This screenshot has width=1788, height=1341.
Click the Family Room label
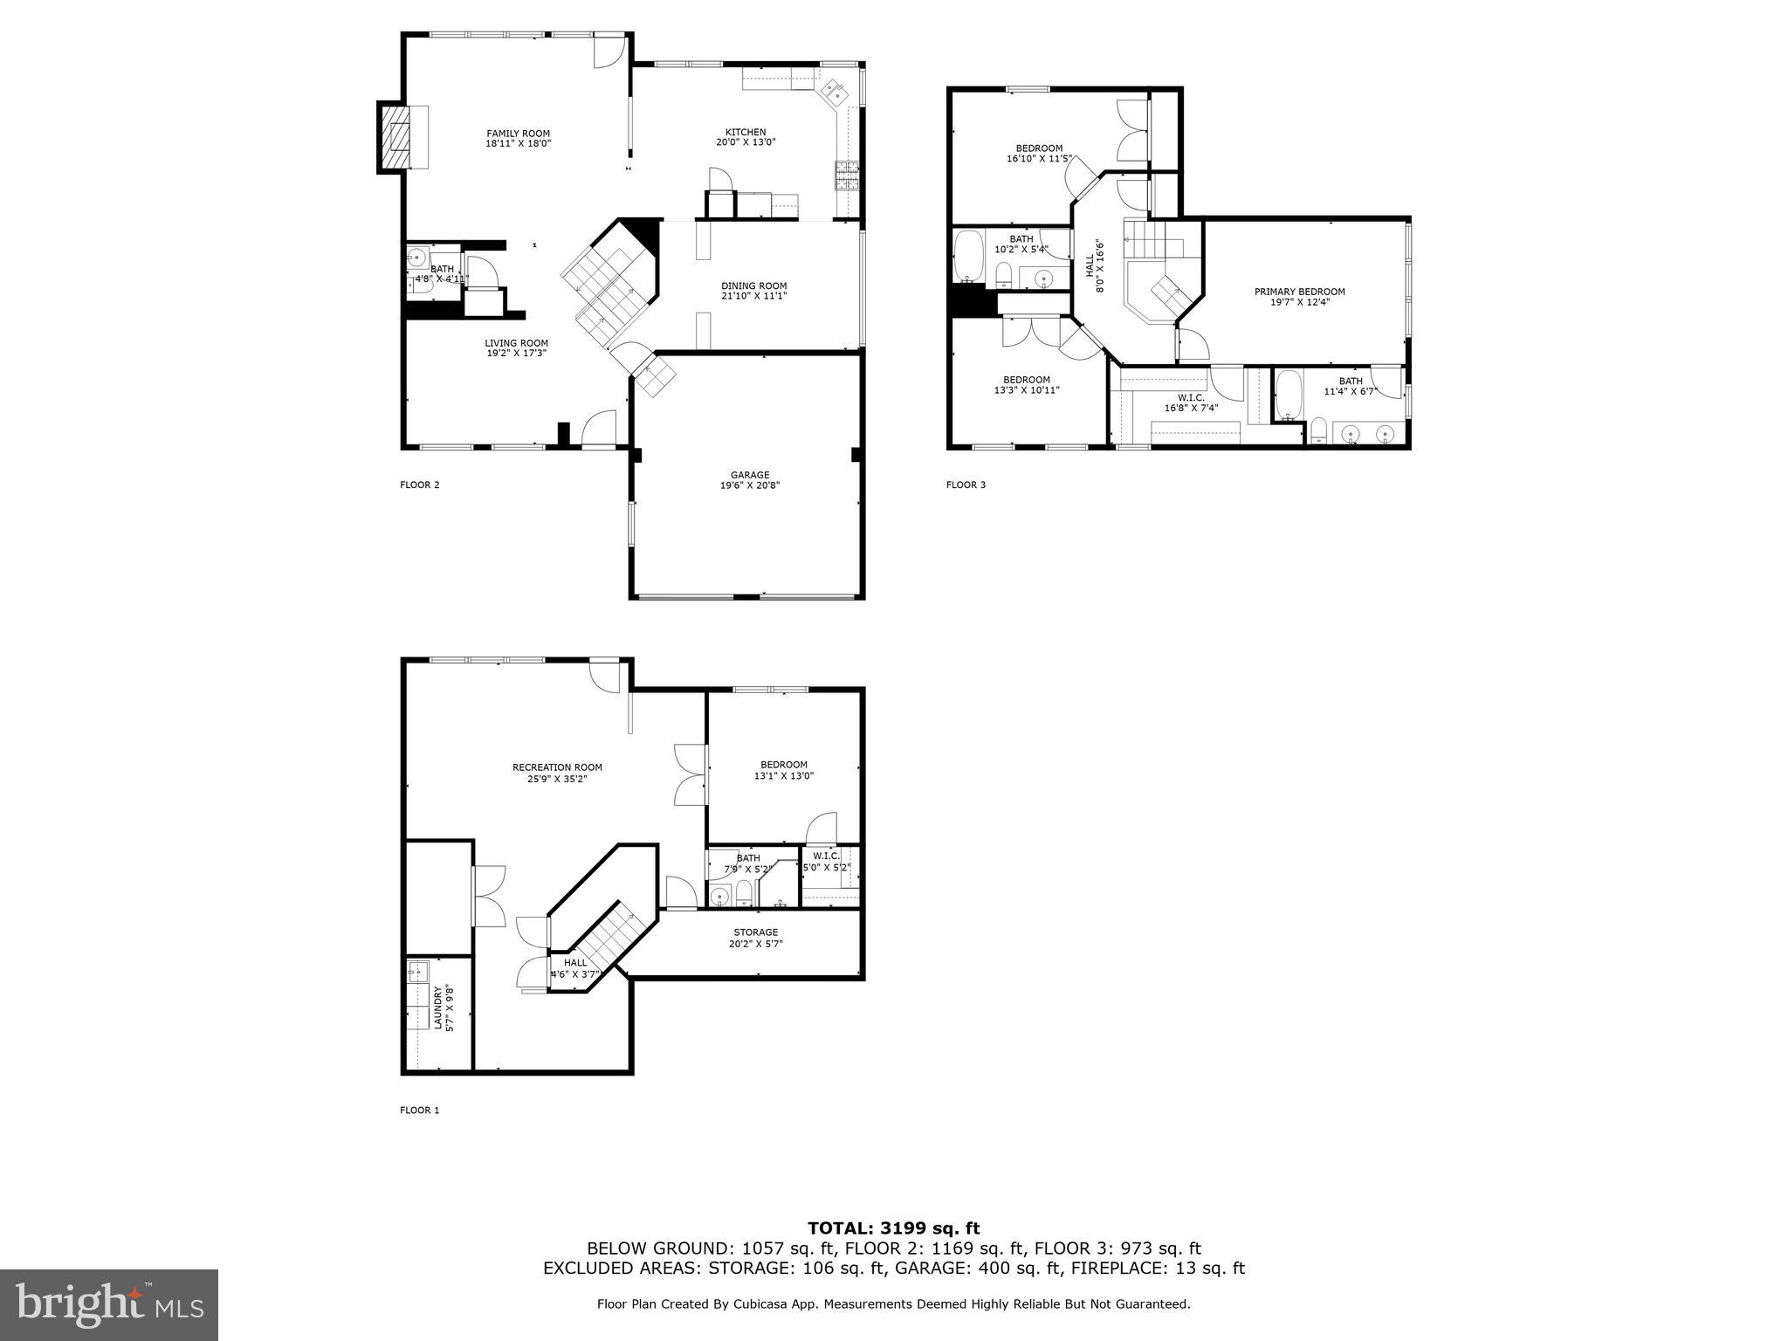point(518,134)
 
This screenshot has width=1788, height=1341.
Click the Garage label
point(749,476)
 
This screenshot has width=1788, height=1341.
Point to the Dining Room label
point(753,285)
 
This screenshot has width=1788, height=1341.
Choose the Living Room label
point(516,343)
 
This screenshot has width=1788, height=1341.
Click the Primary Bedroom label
point(1299,292)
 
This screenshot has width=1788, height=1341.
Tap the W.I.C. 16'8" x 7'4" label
point(1191,402)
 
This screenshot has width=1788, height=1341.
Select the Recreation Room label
point(557,767)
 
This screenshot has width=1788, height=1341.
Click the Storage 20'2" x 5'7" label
point(755,938)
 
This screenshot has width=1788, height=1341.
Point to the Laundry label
point(437,1008)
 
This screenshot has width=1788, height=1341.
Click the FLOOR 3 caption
point(966,485)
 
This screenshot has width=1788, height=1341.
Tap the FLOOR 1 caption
point(419,1111)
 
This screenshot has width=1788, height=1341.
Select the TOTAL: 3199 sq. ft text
point(893,1228)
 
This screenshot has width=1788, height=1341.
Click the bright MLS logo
point(109,1304)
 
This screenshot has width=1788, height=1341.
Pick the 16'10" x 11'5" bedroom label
point(1038,154)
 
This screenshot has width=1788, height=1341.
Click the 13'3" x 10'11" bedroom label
point(1026,385)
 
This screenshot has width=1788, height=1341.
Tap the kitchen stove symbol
point(846,176)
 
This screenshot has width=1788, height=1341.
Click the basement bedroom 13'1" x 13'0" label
point(783,770)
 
